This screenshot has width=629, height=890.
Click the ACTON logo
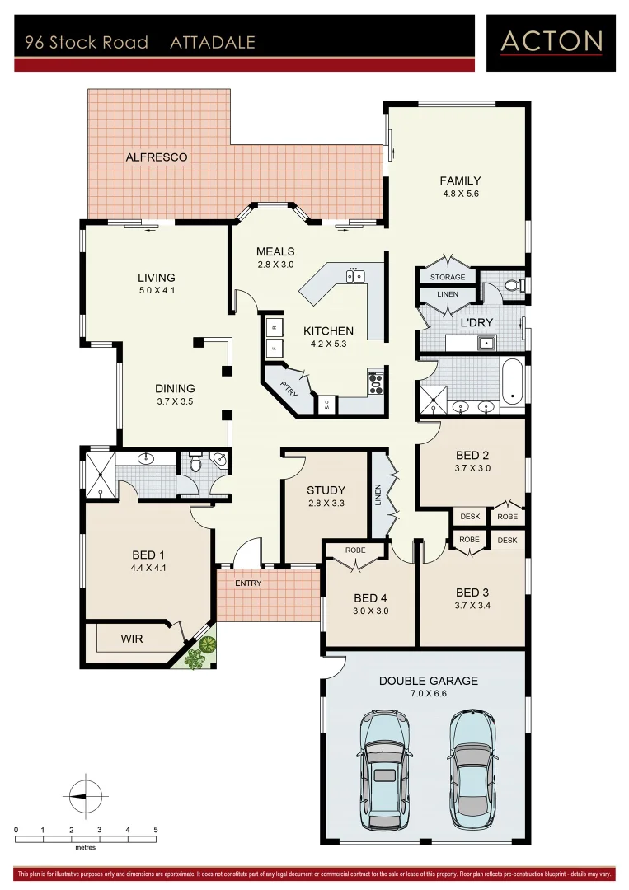552,40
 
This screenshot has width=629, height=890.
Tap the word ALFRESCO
157,157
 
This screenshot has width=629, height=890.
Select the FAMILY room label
460,180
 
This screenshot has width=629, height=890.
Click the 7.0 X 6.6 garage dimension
428,694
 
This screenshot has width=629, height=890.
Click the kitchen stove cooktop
375,383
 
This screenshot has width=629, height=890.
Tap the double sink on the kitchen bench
356,276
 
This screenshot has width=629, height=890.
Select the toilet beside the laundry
513,285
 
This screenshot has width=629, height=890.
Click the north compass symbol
85,794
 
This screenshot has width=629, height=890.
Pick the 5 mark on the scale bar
155,830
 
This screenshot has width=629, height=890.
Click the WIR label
132,639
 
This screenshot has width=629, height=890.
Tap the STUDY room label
326,490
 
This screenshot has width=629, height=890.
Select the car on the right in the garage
473,762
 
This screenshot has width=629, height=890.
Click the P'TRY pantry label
288,391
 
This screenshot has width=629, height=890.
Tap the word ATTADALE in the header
213,43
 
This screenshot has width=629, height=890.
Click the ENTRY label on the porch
248,583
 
